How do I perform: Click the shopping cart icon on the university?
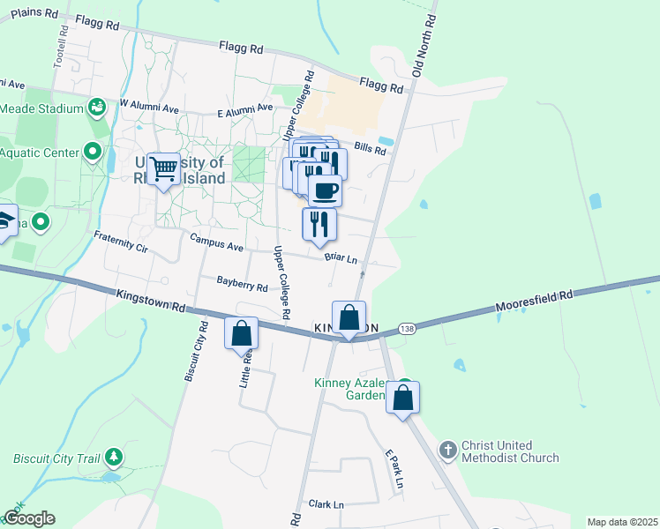click(x=163, y=168)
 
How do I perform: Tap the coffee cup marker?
click(x=325, y=190)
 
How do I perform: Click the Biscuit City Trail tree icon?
click(x=113, y=457)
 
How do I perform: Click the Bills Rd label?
click(x=371, y=150)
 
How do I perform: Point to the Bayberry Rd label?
click(x=242, y=286)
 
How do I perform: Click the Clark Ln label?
click(x=326, y=504)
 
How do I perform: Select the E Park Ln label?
click(x=394, y=469)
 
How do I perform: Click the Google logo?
click(x=28, y=518)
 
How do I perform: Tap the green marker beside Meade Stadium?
click(x=97, y=108)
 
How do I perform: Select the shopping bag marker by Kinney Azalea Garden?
click(x=402, y=398)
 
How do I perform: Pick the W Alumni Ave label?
click(x=149, y=104)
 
